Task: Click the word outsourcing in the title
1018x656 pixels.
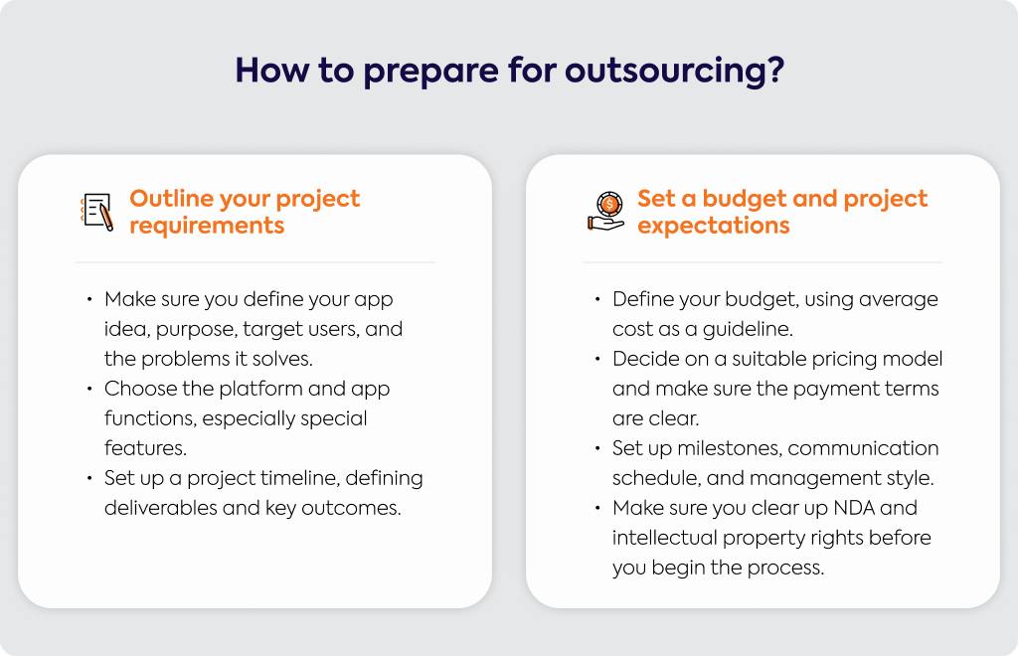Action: pyautogui.click(x=675, y=72)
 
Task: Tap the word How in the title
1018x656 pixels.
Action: pyautogui.click(x=272, y=70)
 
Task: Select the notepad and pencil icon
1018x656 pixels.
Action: pyautogui.click(x=97, y=212)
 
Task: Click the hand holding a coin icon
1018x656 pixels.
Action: pyautogui.click(x=605, y=212)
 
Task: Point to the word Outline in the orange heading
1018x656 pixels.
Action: pyautogui.click(x=171, y=199)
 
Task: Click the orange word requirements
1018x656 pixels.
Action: pyautogui.click(x=207, y=226)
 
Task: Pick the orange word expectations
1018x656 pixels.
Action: pyautogui.click(x=714, y=226)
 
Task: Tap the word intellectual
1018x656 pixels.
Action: pyautogui.click(x=664, y=538)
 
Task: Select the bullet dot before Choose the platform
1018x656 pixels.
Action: pyautogui.click(x=89, y=389)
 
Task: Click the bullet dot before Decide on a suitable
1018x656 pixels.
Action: pyautogui.click(x=597, y=359)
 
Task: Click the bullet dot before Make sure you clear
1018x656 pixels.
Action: pyautogui.click(x=597, y=508)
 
